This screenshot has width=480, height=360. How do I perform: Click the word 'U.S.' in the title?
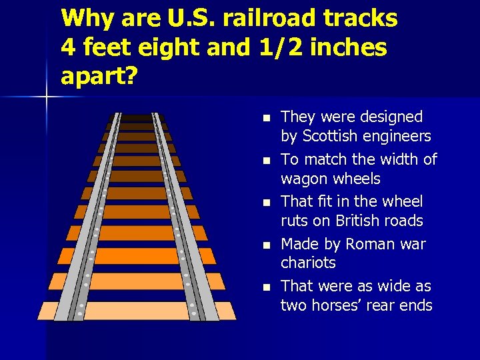193,19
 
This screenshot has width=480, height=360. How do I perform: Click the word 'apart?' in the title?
99,76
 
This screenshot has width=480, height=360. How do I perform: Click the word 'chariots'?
308,263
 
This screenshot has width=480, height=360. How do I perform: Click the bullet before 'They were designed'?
265,118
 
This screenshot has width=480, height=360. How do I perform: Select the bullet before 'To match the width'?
265,161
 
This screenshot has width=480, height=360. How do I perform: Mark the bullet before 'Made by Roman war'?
265,245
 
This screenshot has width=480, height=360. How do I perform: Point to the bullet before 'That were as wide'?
265,287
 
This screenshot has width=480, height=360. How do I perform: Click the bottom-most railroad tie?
137,311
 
